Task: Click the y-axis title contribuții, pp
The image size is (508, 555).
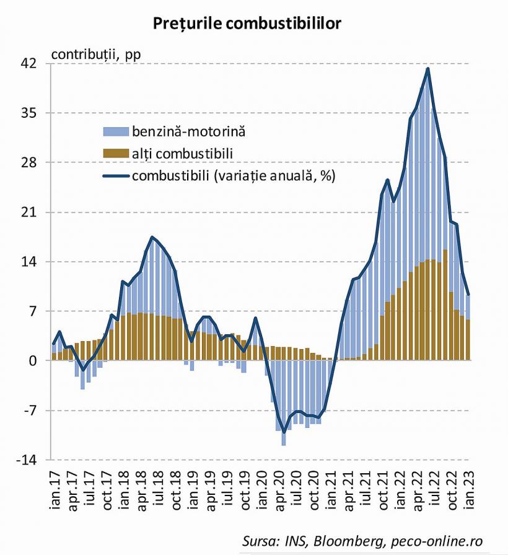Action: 97,53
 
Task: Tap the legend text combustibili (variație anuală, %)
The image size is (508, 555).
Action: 233,175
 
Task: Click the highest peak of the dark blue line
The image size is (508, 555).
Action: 428,68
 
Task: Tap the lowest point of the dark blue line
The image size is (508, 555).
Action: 284,432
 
